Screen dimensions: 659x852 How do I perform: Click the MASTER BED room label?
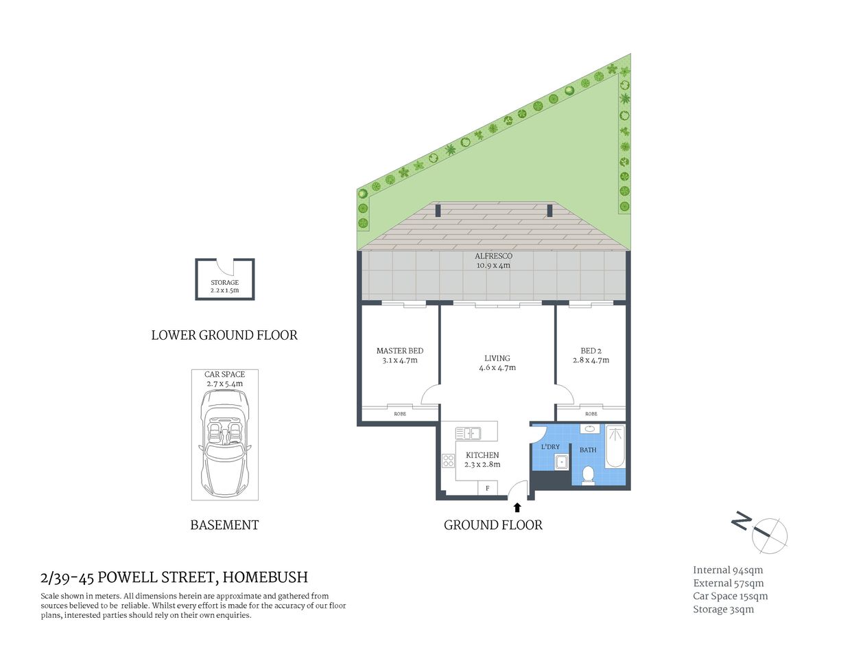click(400, 355)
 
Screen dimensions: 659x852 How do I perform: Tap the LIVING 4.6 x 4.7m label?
click(497, 362)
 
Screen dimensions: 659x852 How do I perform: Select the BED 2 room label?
click(591, 355)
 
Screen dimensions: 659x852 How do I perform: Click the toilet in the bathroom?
click(588, 474)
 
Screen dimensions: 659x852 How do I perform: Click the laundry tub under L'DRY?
click(562, 462)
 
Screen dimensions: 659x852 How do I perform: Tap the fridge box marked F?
click(488, 488)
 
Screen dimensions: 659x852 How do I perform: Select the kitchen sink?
click(468, 433)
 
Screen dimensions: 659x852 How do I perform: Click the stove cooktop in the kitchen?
click(448, 461)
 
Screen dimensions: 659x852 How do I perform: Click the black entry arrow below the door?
click(517, 507)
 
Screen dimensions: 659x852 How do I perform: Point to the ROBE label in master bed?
click(400, 414)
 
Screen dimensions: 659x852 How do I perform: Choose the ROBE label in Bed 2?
click(591, 414)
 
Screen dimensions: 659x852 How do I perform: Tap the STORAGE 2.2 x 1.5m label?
click(225, 286)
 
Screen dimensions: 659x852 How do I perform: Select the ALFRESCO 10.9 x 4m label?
click(494, 260)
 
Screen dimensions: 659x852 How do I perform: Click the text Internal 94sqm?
click(727, 570)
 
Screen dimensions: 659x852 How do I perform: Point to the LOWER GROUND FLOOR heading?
click(224, 335)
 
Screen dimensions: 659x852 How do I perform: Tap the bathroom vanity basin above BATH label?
click(589, 429)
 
